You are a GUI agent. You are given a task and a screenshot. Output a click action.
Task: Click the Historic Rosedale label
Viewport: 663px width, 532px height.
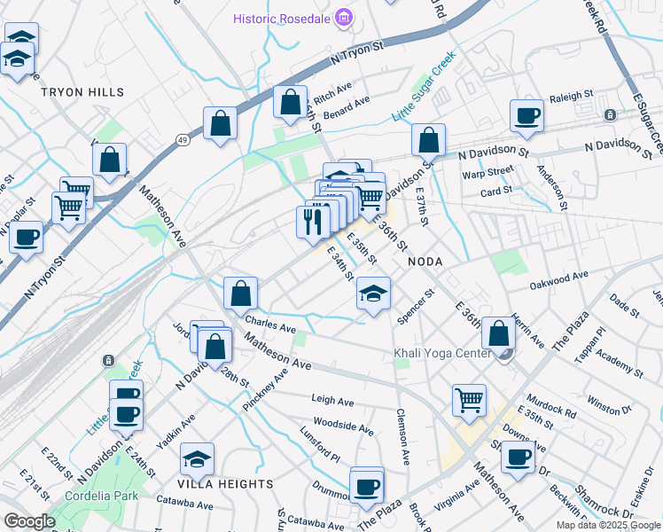[x=281, y=19]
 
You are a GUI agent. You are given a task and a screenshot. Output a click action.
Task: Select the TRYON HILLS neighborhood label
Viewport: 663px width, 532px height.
[x=82, y=92]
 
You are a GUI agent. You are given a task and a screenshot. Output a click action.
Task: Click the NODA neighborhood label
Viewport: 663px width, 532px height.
[x=424, y=262]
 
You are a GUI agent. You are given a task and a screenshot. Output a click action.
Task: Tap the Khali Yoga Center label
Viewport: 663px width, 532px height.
[x=441, y=354]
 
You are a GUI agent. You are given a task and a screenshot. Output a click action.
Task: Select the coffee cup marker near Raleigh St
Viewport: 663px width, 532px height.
[x=526, y=116]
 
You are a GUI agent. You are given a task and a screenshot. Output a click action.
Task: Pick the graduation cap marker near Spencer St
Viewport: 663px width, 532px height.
[x=373, y=293]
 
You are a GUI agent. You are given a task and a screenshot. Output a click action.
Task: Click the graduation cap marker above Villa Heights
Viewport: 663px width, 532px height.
[x=197, y=458]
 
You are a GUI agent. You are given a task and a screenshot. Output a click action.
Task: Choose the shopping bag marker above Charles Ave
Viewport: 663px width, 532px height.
[x=240, y=293]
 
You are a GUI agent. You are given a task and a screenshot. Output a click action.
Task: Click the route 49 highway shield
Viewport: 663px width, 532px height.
[x=182, y=140]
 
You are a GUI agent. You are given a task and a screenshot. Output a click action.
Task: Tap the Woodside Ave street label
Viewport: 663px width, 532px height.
[x=343, y=427]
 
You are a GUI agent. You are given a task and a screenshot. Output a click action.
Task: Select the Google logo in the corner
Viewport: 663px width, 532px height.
[x=29, y=521]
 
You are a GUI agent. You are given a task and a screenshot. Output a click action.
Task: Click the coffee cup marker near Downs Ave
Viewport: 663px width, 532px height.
[x=518, y=458]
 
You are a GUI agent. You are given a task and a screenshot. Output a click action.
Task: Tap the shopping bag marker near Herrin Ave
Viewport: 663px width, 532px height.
[x=499, y=333]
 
